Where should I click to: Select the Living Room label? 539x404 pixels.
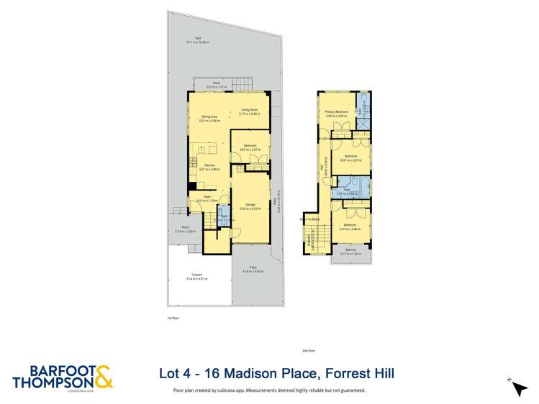point(250,109)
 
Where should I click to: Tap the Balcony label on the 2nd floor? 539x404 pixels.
point(350,250)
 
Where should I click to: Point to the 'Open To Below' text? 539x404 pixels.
point(309,219)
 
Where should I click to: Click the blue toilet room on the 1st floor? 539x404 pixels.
point(223,216)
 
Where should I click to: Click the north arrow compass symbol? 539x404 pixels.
point(517,387)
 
